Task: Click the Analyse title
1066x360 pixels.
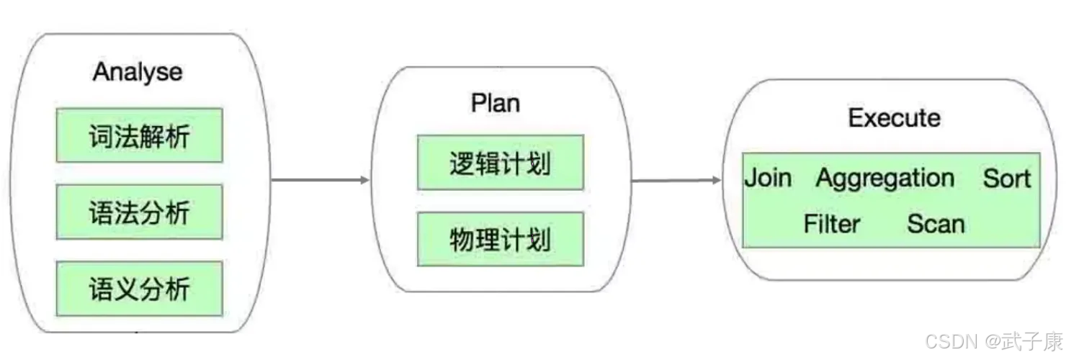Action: point(138,73)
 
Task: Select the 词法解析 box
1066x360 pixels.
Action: point(140,135)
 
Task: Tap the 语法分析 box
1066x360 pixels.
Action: point(140,212)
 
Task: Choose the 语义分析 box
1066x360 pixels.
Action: point(140,289)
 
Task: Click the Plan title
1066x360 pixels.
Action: point(496,103)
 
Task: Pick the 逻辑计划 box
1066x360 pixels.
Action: point(500,163)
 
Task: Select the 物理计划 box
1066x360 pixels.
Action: point(500,239)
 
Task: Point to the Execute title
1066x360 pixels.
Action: point(894,118)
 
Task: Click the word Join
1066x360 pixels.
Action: point(768,179)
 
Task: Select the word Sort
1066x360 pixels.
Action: point(1006,179)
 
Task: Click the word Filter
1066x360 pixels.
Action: point(832,223)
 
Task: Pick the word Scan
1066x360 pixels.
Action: point(936,224)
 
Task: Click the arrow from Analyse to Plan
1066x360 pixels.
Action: point(321,180)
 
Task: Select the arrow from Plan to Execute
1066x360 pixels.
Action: point(676,180)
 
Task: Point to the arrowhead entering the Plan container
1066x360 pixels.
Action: point(365,180)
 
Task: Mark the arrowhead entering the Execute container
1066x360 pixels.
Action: point(717,180)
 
